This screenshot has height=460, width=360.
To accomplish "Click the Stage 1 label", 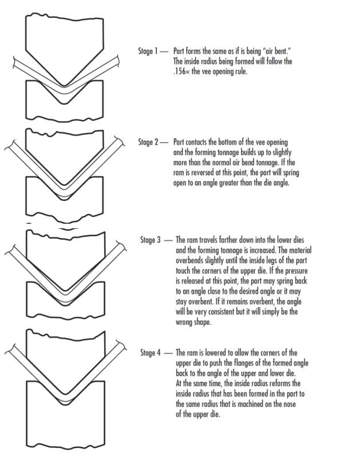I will coord(151,51).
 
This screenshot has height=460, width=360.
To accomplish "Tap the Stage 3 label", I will coord(153,240).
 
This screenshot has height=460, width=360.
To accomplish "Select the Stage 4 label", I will coord(153,352).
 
